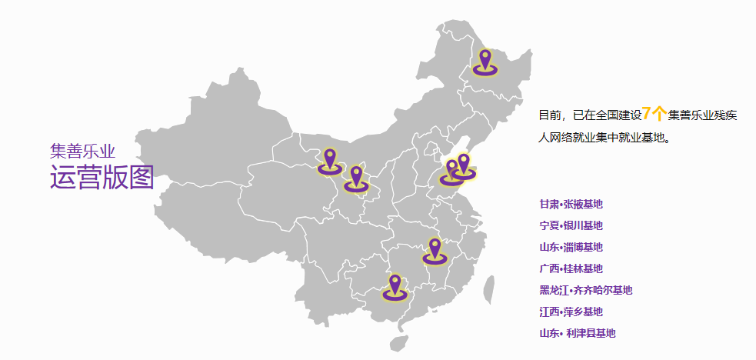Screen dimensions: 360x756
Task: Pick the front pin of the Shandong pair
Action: [451, 172]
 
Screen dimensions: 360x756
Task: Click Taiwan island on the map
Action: [488, 290]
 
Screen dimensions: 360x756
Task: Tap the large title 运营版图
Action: [102, 177]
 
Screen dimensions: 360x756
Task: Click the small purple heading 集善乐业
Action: [82, 150]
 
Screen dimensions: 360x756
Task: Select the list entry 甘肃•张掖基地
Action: [571, 205]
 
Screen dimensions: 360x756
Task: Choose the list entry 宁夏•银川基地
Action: [571, 226]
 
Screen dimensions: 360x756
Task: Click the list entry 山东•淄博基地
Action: [571, 248]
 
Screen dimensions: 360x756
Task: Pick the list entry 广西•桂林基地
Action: [571, 269]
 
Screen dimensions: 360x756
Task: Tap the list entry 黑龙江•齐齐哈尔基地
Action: [585, 291]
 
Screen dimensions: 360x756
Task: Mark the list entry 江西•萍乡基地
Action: [571, 312]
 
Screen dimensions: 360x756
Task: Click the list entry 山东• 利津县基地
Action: [577, 334]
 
